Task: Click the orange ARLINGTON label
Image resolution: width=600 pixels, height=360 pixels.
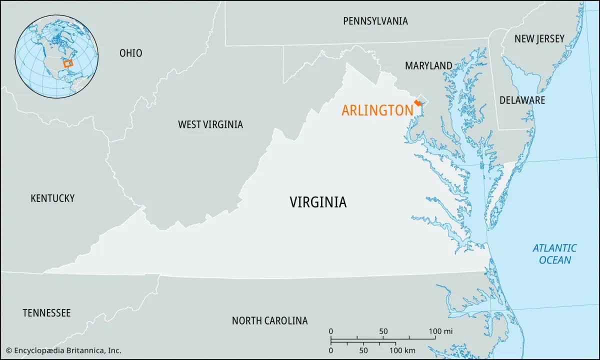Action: tap(377, 110)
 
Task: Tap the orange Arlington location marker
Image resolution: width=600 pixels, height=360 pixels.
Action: tap(417, 102)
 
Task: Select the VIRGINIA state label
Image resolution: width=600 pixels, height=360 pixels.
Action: tap(318, 202)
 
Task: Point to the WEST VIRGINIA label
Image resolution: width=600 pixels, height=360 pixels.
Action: tap(210, 124)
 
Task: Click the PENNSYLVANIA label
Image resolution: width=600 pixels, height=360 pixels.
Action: tap(375, 21)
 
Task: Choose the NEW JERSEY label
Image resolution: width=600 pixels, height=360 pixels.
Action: tap(539, 38)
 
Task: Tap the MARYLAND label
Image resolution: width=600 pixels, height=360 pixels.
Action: tap(428, 65)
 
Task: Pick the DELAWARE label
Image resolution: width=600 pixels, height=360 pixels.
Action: tap(522, 100)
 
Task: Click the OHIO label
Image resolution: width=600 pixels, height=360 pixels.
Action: tap(130, 53)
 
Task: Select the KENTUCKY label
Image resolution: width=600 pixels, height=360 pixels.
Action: tap(52, 198)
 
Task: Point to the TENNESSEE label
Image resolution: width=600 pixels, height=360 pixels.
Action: tap(46, 313)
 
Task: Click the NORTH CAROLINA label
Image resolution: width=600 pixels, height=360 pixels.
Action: tap(269, 320)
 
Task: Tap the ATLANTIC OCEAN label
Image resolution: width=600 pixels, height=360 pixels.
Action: tap(554, 254)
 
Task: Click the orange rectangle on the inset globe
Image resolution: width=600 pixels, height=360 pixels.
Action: tap(68, 63)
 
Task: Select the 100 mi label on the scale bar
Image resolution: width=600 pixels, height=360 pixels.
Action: tap(441, 331)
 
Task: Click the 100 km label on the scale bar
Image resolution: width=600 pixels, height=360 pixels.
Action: tap(402, 350)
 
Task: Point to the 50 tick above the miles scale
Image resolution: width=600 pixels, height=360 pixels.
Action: tap(383, 331)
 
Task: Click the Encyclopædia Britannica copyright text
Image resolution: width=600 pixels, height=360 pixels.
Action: tap(63, 350)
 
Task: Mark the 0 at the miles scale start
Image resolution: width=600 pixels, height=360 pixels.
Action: tap(330, 331)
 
